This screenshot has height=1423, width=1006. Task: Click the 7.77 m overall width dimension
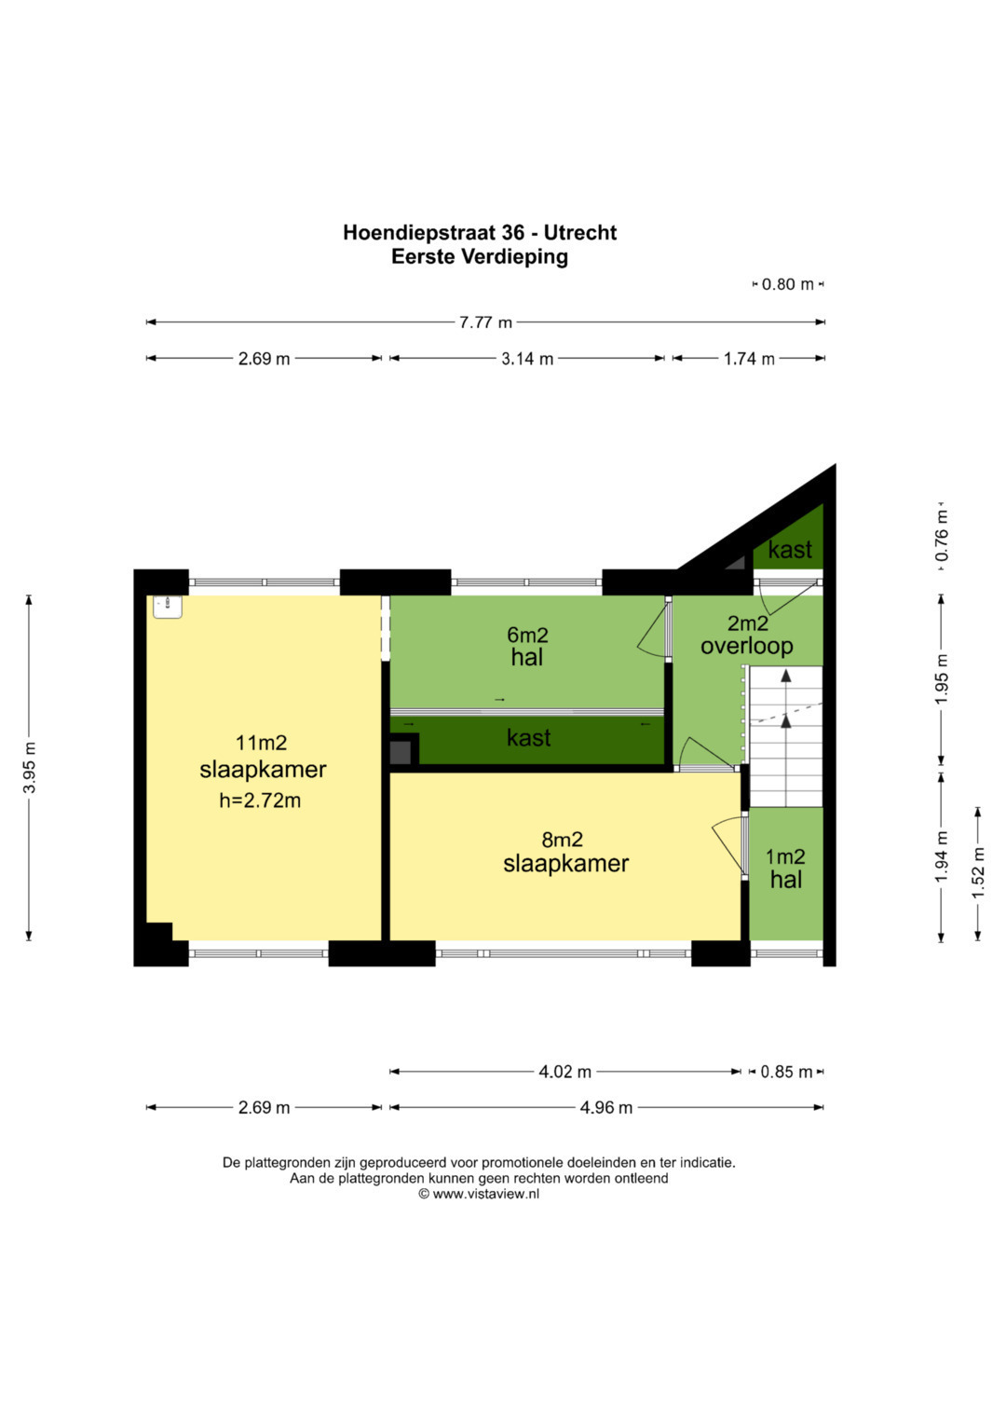tap(485, 322)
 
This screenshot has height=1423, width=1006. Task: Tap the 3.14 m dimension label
tap(527, 359)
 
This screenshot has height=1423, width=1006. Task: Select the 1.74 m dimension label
tap(750, 359)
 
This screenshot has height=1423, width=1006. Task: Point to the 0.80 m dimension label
tap(787, 284)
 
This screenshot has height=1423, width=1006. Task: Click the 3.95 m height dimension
tap(30, 767)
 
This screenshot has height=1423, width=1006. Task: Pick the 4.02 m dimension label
tap(565, 1072)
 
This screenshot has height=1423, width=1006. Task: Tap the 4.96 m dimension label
tap(606, 1107)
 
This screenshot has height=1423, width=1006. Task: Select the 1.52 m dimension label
tap(978, 873)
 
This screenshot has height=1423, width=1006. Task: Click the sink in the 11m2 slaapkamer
tap(168, 607)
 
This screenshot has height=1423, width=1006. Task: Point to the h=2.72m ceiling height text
tap(260, 800)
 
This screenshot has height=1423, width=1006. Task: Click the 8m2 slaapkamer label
tap(565, 852)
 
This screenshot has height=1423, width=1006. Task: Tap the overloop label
tap(747, 646)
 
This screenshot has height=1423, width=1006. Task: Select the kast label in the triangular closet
tap(790, 550)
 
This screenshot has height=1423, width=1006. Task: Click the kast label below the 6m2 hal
tap(528, 737)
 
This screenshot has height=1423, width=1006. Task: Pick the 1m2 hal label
tap(785, 869)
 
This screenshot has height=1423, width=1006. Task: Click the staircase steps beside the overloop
tap(786, 736)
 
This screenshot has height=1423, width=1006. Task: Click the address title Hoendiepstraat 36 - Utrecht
tap(480, 233)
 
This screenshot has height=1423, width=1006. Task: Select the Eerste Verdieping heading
tap(480, 256)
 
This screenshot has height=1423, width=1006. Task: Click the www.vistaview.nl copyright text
tap(479, 1194)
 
